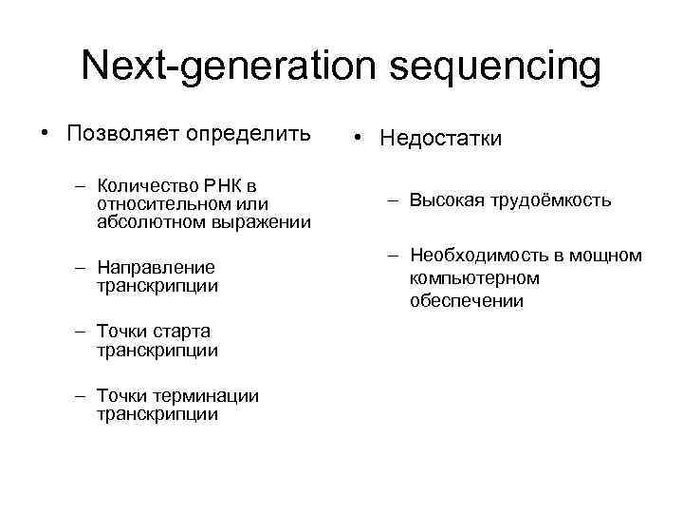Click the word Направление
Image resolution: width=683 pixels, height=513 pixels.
pos(156,267)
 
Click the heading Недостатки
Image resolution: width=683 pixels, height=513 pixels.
pos(441,139)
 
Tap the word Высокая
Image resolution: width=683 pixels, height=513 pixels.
pos(445,200)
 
